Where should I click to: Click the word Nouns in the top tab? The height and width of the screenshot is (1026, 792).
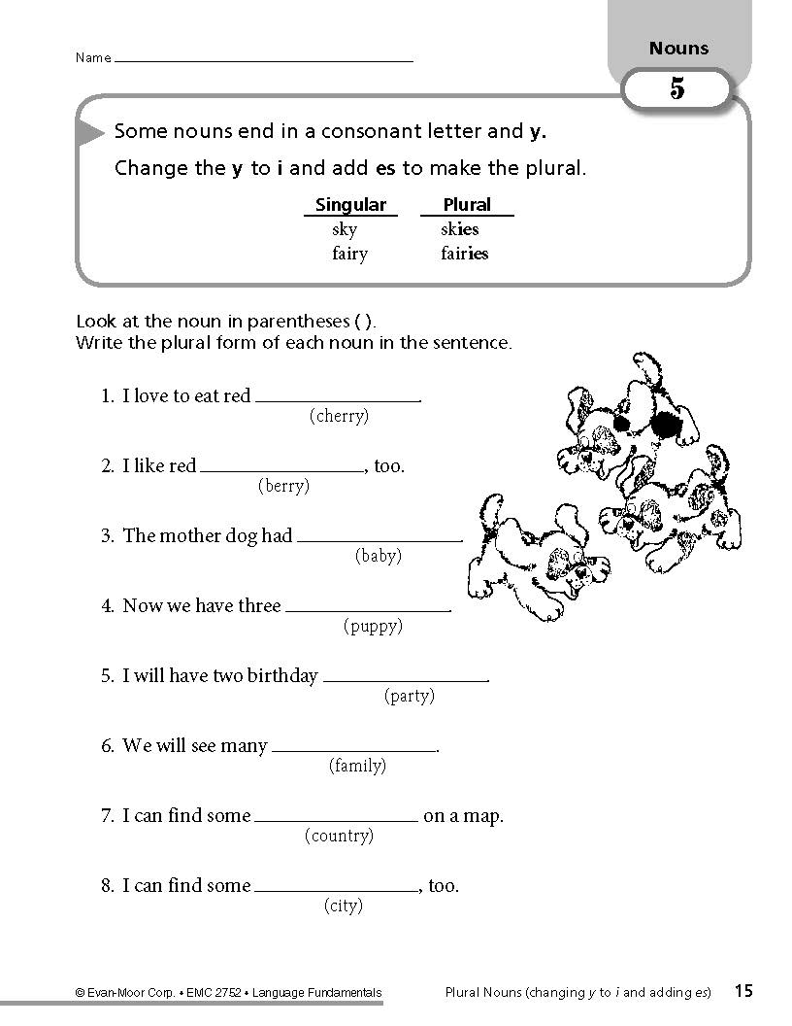click(678, 49)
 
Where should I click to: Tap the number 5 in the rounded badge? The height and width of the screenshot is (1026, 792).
click(676, 89)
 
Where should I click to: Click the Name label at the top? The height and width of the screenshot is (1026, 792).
click(93, 58)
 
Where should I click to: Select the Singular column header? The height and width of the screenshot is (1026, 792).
click(350, 205)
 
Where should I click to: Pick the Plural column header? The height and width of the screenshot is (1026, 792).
click(467, 205)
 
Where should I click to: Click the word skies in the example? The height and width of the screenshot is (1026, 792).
click(460, 229)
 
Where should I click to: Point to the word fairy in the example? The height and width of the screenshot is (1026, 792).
click(349, 254)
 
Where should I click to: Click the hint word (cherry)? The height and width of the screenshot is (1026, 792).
click(339, 416)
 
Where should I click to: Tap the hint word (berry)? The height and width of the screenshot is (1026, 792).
click(283, 486)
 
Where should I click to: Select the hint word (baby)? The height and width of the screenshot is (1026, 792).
click(378, 556)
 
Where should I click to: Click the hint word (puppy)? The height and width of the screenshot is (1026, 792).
click(373, 626)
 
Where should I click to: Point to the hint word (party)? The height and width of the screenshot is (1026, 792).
click(409, 696)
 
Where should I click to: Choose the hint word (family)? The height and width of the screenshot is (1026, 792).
click(357, 766)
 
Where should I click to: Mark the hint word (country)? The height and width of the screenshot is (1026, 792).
click(339, 836)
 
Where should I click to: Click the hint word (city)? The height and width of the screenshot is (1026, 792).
click(343, 906)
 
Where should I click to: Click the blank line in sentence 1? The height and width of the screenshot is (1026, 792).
click(337, 399)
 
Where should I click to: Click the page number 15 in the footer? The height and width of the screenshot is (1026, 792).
click(742, 991)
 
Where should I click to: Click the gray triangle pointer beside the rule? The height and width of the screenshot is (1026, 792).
click(90, 132)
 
